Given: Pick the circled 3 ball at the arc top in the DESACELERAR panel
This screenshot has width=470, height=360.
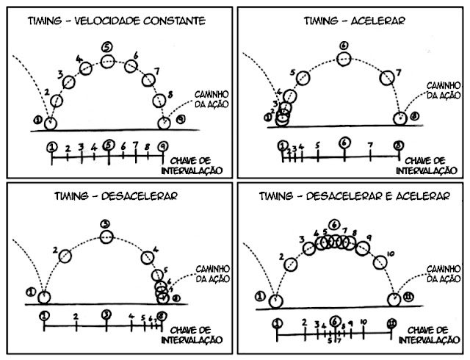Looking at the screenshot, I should point(106,237).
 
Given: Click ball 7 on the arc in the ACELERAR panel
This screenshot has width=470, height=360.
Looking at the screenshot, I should point(387,76).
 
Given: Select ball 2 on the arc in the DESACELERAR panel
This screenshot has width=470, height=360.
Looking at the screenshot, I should point(65,256).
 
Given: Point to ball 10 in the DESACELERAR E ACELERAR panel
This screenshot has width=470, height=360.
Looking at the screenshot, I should point(379,263).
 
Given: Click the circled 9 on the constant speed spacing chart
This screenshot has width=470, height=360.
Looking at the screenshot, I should point(162,145).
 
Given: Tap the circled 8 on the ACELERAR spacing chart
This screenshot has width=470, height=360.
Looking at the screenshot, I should point(398,145).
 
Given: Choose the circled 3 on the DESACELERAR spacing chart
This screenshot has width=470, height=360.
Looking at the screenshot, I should point(106,315).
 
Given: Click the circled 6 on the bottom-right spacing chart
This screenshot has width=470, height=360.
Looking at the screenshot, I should point(335,322).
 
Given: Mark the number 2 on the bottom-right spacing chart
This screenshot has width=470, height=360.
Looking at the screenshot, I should point(304,323).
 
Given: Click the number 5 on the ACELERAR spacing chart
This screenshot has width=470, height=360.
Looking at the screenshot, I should point(317,145).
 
